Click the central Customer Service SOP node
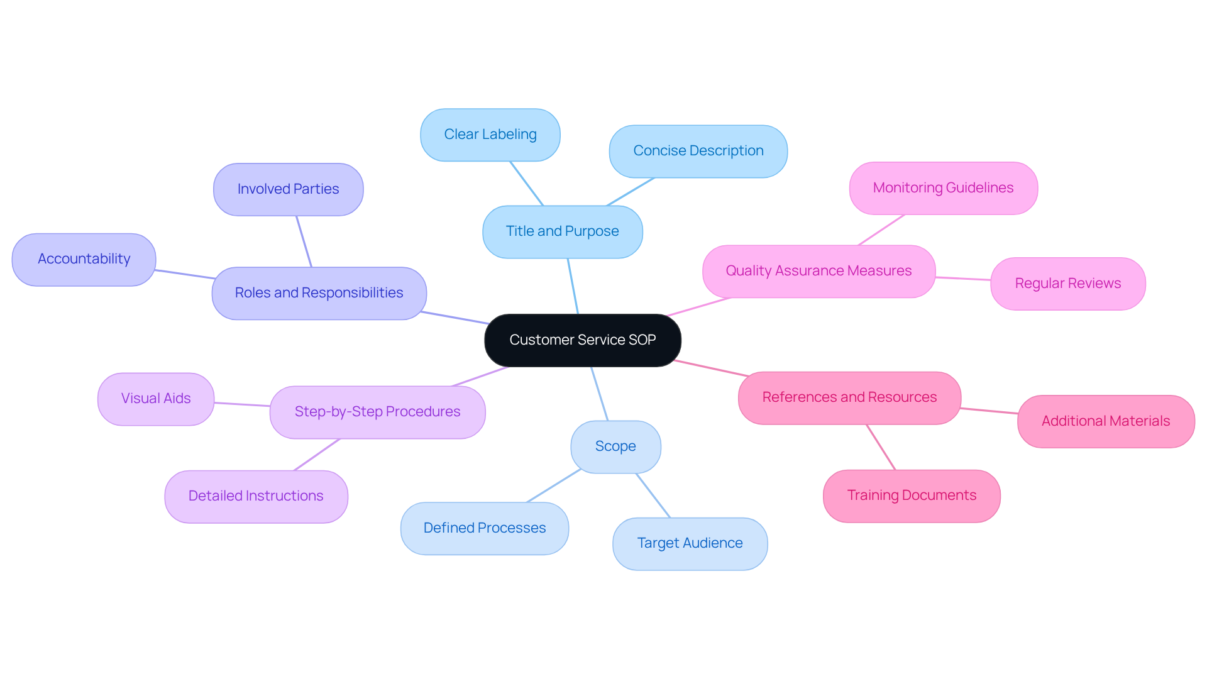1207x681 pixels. [x=582, y=340]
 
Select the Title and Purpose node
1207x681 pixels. [x=562, y=231]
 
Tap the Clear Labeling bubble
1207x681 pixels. [x=490, y=135]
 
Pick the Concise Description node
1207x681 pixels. [x=698, y=151]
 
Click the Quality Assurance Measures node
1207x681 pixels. [x=818, y=271]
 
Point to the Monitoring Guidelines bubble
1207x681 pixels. [x=943, y=188]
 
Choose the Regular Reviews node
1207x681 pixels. [x=1067, y=284]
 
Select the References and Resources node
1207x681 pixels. [x=849, y=397]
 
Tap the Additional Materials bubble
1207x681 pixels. [x=1105, y=421]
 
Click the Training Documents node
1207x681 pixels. [x=911, y=496]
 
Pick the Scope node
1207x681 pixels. [x=615, y=446]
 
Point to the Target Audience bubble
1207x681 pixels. [x=690, y=543]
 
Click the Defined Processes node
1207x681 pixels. [x=484, y=528]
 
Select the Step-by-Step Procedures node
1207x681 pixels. [x=377, y=412]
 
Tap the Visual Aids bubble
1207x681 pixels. [x=155, y=399]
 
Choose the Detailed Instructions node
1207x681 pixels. [x=256, y=496]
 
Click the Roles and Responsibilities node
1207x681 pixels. [x=319, y=293]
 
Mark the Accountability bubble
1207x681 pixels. [x=84, y=259]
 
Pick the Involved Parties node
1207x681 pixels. [x=288, y=189]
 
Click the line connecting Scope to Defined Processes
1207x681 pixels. [x=553, y=485]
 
